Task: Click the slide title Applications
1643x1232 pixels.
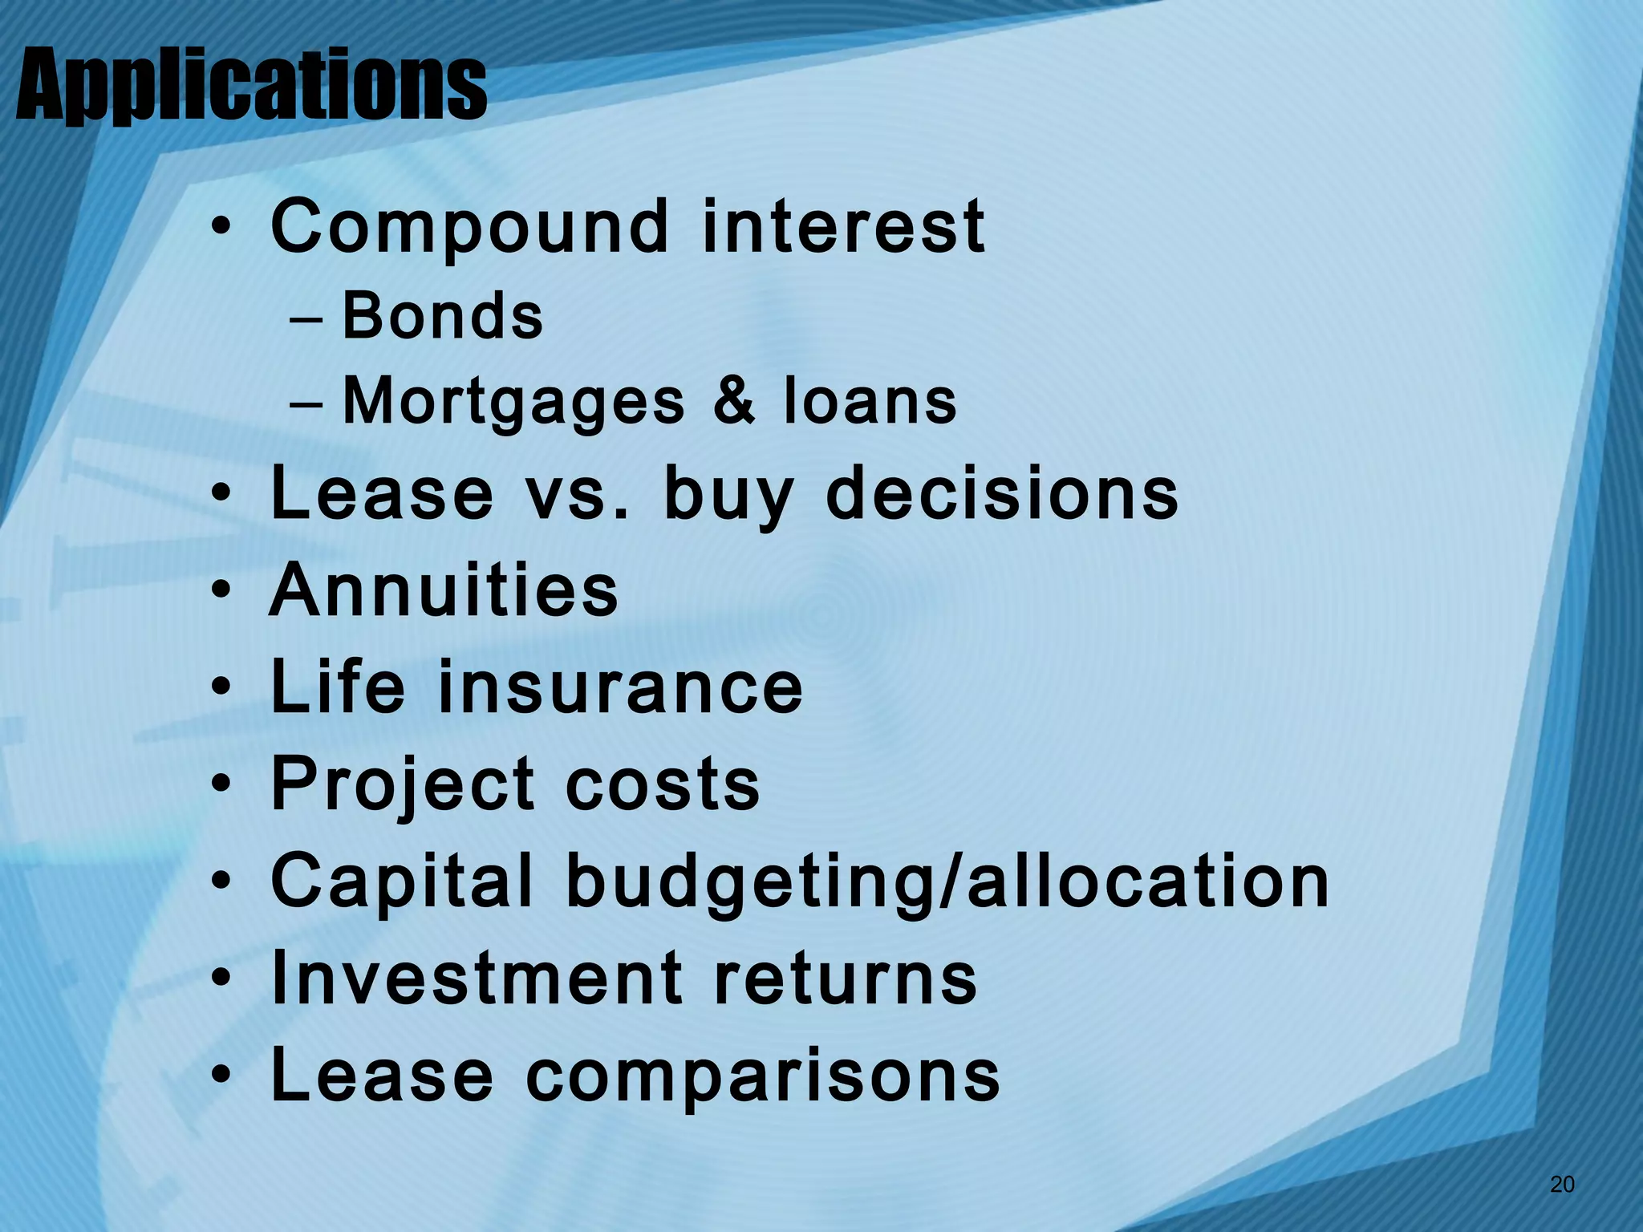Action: tap(251, 86)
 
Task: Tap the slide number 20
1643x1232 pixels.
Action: tap(1562, 1184)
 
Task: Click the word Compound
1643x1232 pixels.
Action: tap(470, 228)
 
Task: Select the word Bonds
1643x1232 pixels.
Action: tap(443, 316)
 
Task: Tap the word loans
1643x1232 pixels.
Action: tap(870, 401)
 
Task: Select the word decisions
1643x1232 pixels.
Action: tap(1002, 493)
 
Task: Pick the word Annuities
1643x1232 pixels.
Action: tap(444, 590)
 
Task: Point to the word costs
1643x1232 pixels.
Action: tap(663, 785)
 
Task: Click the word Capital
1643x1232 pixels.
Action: tap(402, 882)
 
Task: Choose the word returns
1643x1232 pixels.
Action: tap(846, 979)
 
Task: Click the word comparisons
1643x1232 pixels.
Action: tap(763, 1076)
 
